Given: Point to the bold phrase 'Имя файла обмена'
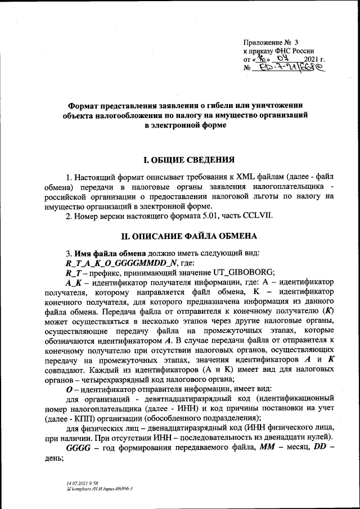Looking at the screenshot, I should (x=108, y=253).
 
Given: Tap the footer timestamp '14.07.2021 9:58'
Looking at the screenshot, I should (x=82, y=483).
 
